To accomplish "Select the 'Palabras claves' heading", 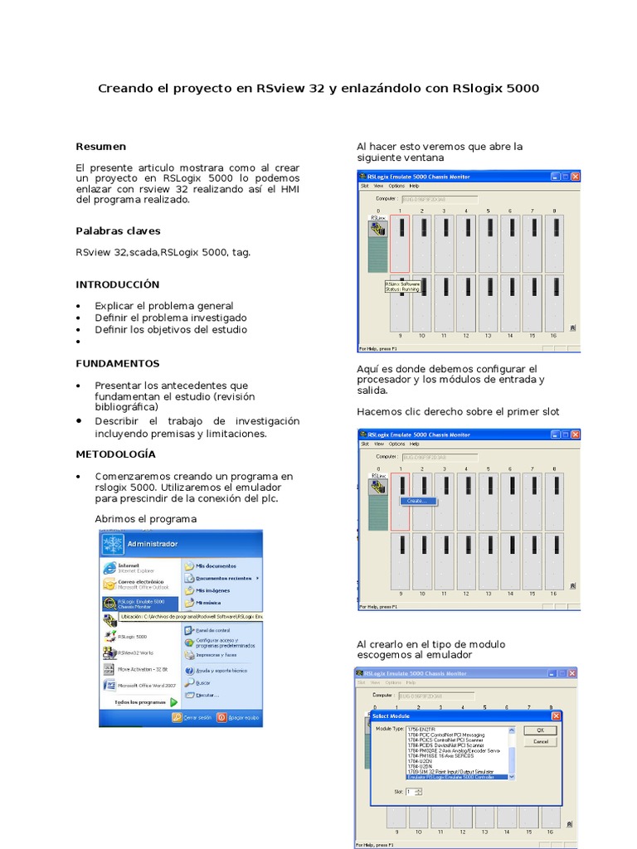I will click(x=118, y=230).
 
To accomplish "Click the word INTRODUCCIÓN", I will click(x=117, y=284).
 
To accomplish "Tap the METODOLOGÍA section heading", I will click(x=115, y=454).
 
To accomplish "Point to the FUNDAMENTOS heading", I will click(x=117, y=363).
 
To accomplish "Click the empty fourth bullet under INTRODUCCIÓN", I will click(x=78, y=342).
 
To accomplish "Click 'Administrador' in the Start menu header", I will click(x=152, y=544).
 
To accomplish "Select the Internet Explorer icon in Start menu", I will click(x=109, y=567).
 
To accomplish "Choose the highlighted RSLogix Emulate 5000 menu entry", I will click(x=140, y=604).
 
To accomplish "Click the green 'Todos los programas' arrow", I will click(x=174, y=701).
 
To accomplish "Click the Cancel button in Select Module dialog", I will click(x=540, y=741).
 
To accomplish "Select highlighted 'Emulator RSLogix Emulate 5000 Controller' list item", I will click(x=459, y=777).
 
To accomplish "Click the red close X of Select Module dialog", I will click(x=556, y=716).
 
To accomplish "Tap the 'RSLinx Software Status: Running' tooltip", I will click(x=403, y=286).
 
